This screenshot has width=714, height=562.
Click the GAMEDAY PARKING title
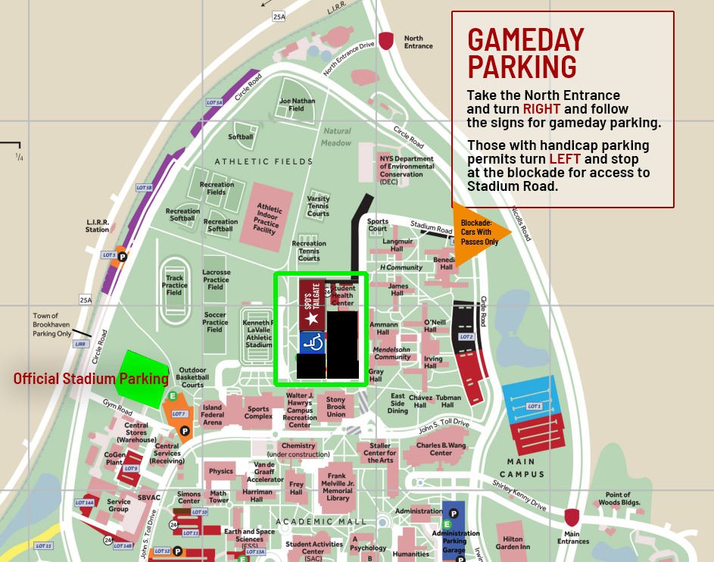(525, 53)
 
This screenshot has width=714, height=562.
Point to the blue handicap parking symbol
(313, 343)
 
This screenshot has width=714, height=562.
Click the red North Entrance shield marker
(386, 41)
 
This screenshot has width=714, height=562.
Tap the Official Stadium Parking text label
(91, 378)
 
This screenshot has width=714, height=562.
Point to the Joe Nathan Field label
(297, 105)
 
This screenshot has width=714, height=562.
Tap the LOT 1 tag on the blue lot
(535, 407)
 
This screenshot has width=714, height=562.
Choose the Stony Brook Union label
(335, 407)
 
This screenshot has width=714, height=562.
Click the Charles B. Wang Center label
(441, 449)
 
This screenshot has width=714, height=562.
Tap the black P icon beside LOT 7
(184, 431)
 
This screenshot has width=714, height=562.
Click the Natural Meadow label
(336, 137)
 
